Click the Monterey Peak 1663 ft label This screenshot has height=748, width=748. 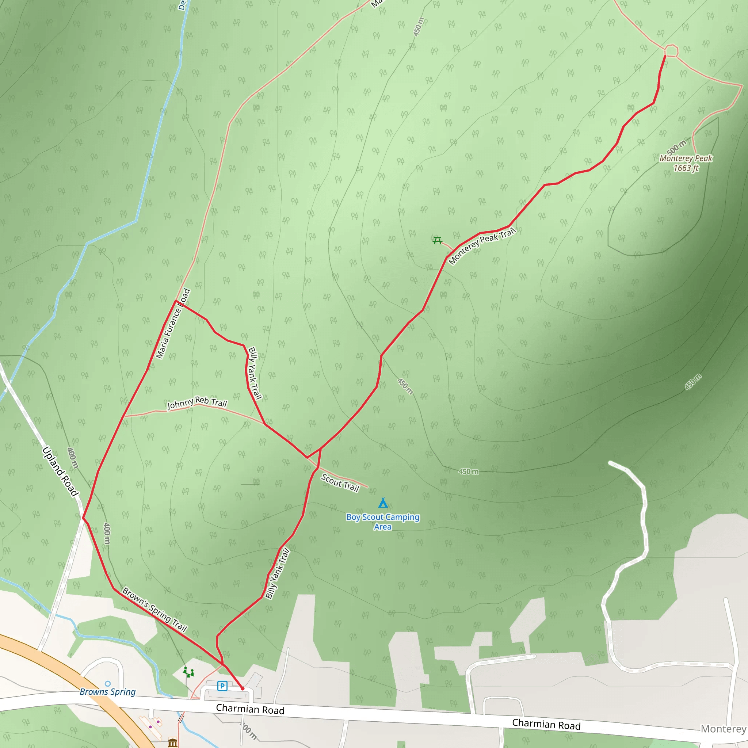[x=686, y=163]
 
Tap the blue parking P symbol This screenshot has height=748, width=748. [x=222, y=686]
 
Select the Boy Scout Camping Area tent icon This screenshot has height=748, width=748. [x=383, y=503]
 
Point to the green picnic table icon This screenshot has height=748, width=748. [x=438, y=240]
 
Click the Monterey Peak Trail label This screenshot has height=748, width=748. [x=482, y=246]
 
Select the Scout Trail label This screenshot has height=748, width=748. [x=340, y=483]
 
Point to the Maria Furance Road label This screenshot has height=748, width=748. [x=173, y=324]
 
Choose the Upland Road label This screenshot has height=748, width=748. [x=60, y=471]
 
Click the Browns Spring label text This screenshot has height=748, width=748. [x=108, y=692]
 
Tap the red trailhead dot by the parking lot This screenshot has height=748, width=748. [x=243, y=688]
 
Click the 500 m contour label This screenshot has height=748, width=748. [x=676, y=147]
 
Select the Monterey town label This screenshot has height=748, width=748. [x=723, y=729]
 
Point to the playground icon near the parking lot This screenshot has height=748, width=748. [x=188, y=672]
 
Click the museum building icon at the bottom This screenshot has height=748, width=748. [x=173, y=743]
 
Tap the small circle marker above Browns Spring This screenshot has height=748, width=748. [x=108, y=684]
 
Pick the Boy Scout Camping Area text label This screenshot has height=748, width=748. [x=383, y=522]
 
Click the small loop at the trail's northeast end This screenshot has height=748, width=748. [x=671, y=51]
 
